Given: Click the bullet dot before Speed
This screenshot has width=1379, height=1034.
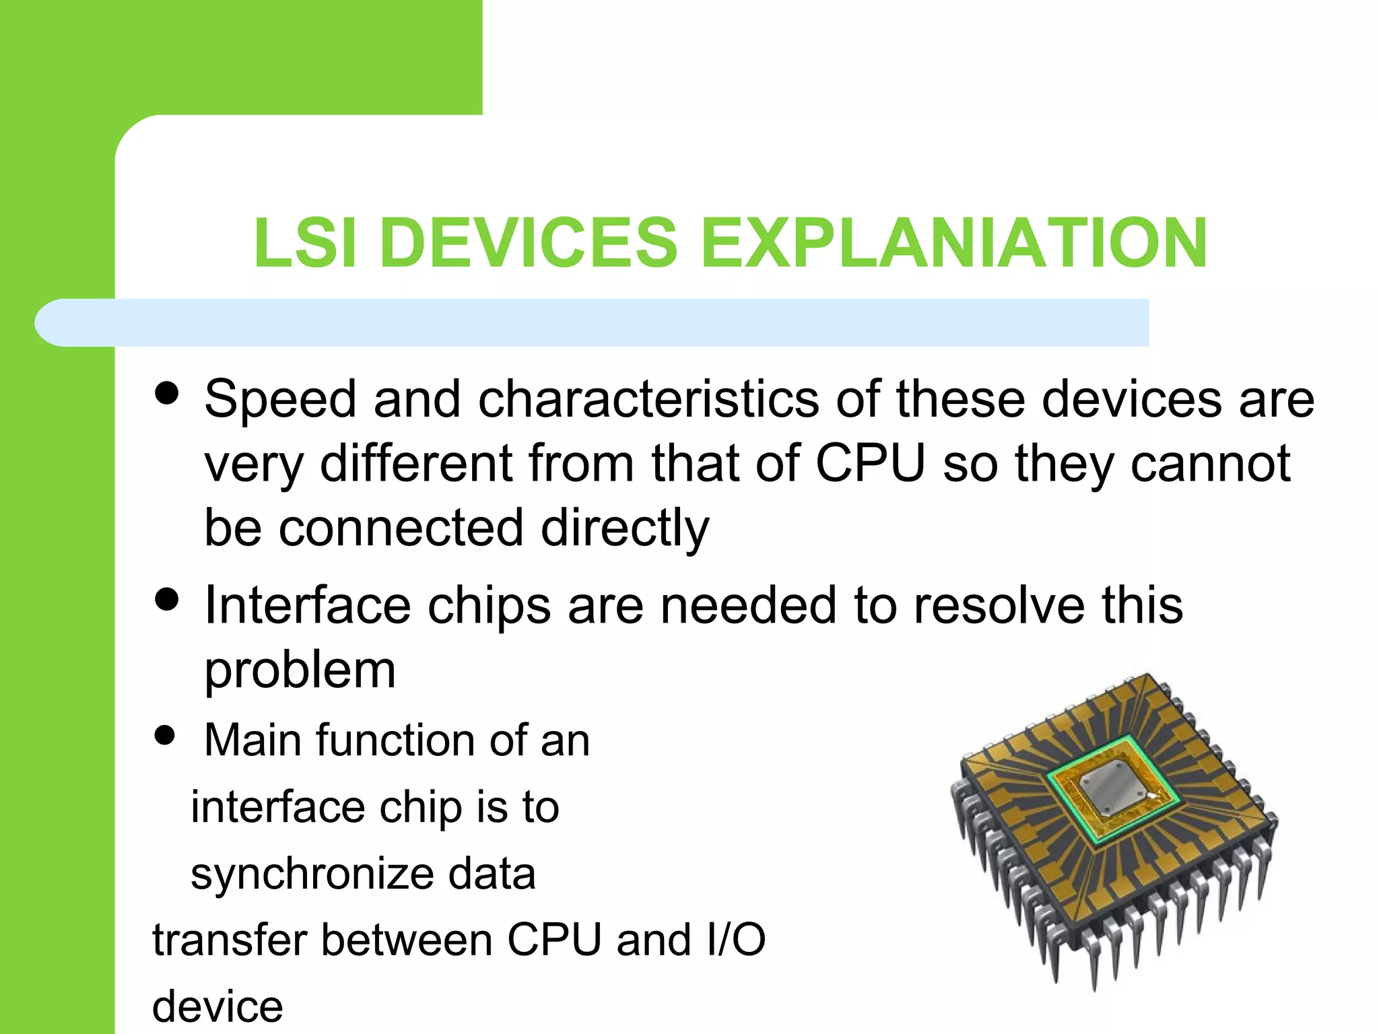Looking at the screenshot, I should [166, 393].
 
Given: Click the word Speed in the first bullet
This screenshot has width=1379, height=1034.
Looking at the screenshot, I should [280, 400].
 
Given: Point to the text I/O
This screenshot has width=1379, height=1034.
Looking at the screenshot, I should [736, 940].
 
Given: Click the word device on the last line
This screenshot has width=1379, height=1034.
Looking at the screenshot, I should [217, 1006].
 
